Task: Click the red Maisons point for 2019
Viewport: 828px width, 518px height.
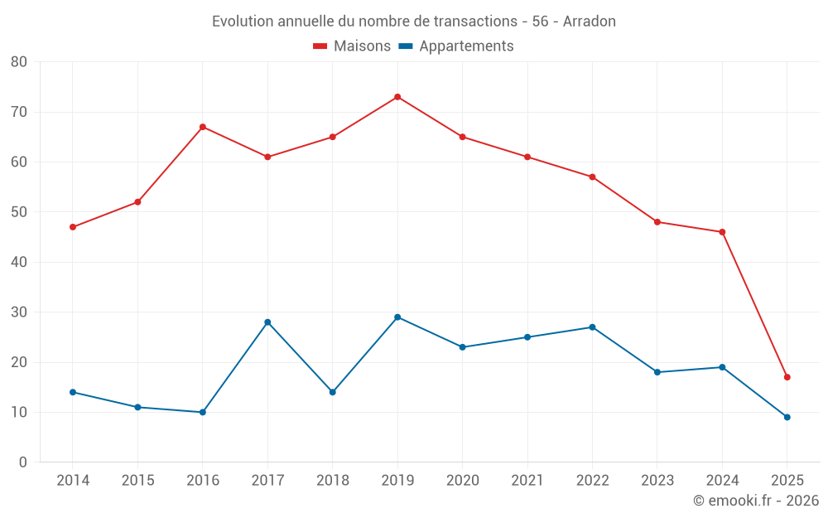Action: click(x=397, y=97)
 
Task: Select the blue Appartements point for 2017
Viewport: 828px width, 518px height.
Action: click(x=267, y=322)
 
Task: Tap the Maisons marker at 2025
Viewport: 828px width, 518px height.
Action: click(x=787, y=377)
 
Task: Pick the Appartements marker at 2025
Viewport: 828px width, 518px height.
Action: click(x=787, y=417)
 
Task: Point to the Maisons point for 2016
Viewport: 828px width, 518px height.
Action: click(x=203, y=127)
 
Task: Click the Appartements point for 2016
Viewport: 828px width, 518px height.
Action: click(x=203, y=412)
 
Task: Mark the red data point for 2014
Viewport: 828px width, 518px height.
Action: click(x=73, y=227)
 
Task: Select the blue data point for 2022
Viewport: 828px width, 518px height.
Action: click(x=592, y=327)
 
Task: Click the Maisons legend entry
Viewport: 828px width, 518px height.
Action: click(x=352, y=46)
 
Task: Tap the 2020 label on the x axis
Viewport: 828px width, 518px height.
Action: click(x=462, y=481)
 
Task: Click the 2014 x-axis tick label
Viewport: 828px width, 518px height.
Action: click(x=73, y=481)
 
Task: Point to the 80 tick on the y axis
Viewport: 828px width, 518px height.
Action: click(x=19, y=62)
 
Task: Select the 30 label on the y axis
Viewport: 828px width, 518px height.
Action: click(x=19, y=312)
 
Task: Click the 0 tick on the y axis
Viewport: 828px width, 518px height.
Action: click(x=23, y=462)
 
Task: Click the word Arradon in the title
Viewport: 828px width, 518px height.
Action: click(x=589, y=22)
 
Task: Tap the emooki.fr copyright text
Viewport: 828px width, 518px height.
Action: click(x=756, y=501)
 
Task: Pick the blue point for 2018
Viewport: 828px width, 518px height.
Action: click(x=333, y=392)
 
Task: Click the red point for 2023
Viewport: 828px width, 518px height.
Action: click(x=657, y=222)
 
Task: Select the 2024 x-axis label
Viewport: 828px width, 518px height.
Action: click(x=722, y=481)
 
